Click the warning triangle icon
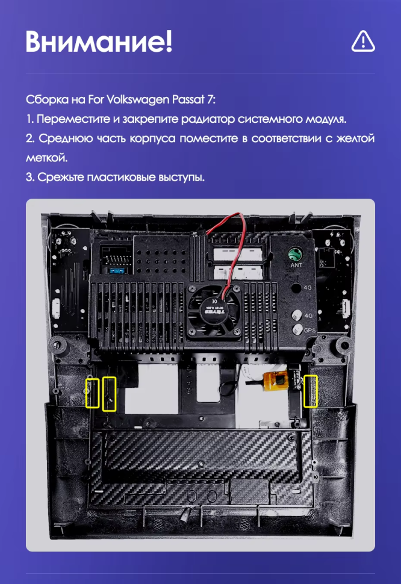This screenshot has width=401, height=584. pyautogui.click(x=362, y=41)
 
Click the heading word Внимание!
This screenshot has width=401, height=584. pyautogui.click(x=99, y=41)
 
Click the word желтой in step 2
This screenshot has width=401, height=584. pyautogui.click(x=356, y=138)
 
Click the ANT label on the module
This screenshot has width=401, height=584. pyautogui.click(x=296, y=265)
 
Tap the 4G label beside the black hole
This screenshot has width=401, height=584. pyautogui.click(x=308, y=288)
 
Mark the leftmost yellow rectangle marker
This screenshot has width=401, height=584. pyautogui.click(x=92, y=393)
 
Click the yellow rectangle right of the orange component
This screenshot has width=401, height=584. pyautogui.click(x=310, y=391)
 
